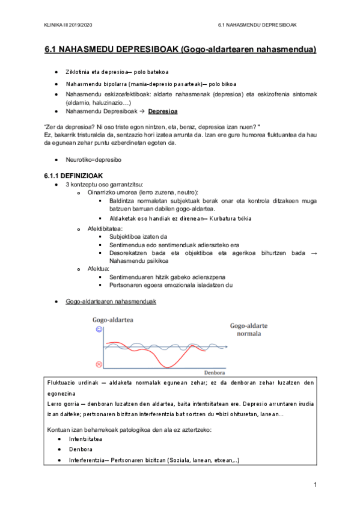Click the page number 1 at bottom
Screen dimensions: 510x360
click(314, 484)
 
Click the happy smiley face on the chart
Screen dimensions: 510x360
click(99, 330)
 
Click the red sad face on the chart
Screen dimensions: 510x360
click(99, 364)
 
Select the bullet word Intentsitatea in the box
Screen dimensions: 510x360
click(85, 439)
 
